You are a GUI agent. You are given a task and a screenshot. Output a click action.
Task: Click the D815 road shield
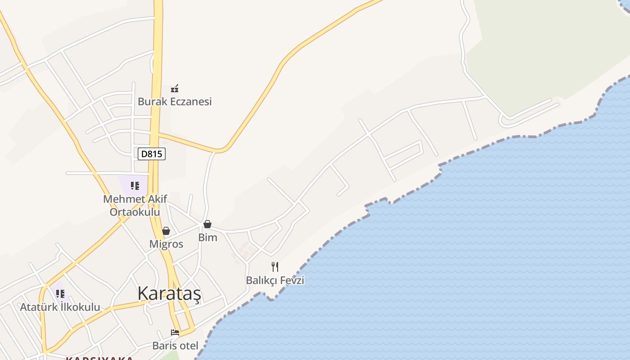[x=152, y=154]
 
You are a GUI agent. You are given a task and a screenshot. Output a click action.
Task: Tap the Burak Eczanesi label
[x=175, y=102]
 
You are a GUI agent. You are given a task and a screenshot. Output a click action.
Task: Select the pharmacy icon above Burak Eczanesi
[x=175, y=89]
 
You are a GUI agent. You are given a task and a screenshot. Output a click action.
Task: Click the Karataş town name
[x=169, y=293]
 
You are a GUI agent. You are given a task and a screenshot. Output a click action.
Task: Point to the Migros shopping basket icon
[x=166, y=231]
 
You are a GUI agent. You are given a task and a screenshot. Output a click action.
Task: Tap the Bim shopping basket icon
[x=207, y=224]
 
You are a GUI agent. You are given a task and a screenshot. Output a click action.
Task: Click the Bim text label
[x=208, y=238]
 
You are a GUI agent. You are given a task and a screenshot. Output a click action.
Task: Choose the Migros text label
[x=166, y=244]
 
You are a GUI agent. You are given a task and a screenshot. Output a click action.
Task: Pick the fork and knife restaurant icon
[x=275, y=267]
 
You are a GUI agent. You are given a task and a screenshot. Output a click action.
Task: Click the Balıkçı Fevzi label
[x=275, y=280]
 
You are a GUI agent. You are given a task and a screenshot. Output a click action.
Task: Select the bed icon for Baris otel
[x=175, y=333]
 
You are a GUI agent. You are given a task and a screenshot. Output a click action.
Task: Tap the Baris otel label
[x=175, y=346]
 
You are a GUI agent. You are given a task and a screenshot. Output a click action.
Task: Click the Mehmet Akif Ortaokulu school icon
[x=135, y=185]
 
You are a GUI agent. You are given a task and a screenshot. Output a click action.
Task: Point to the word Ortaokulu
[x=135, y=211]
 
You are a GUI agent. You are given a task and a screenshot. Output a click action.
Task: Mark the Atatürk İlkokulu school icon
[x=60, y=294]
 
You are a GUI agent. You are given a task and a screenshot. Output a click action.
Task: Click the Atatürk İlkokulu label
[x=60, y=307]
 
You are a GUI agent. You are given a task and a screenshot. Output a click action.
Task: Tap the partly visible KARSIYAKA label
[x=99, y=358]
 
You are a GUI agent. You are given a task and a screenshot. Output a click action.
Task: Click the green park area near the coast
[x=540, y=54]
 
